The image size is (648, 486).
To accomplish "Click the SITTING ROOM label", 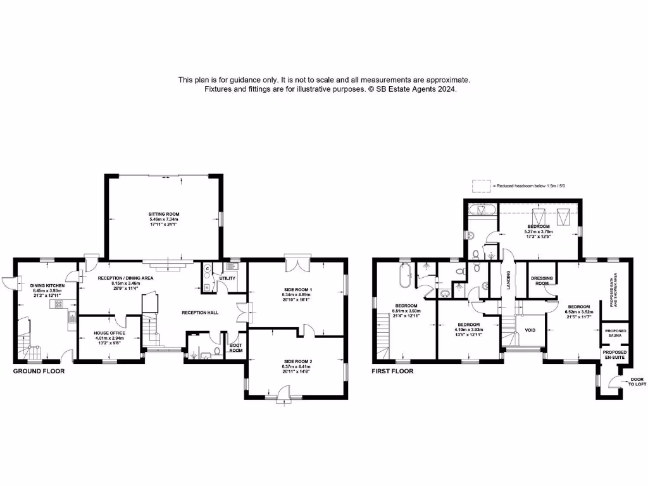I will tap(164, 215).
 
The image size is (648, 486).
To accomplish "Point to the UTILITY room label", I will tap(227, 278).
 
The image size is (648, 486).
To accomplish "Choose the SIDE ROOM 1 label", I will tap(297, 289).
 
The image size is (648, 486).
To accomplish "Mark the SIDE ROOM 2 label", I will tap(297, 361).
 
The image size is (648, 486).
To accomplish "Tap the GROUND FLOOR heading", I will tap(39, 371).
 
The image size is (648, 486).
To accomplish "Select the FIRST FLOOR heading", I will tap(392, 371).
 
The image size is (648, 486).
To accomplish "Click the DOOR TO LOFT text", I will tap(635, 382).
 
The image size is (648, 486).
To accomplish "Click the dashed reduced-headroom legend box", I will tap(481, 185).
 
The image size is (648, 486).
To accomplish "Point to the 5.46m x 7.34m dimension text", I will tap(164, 219).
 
